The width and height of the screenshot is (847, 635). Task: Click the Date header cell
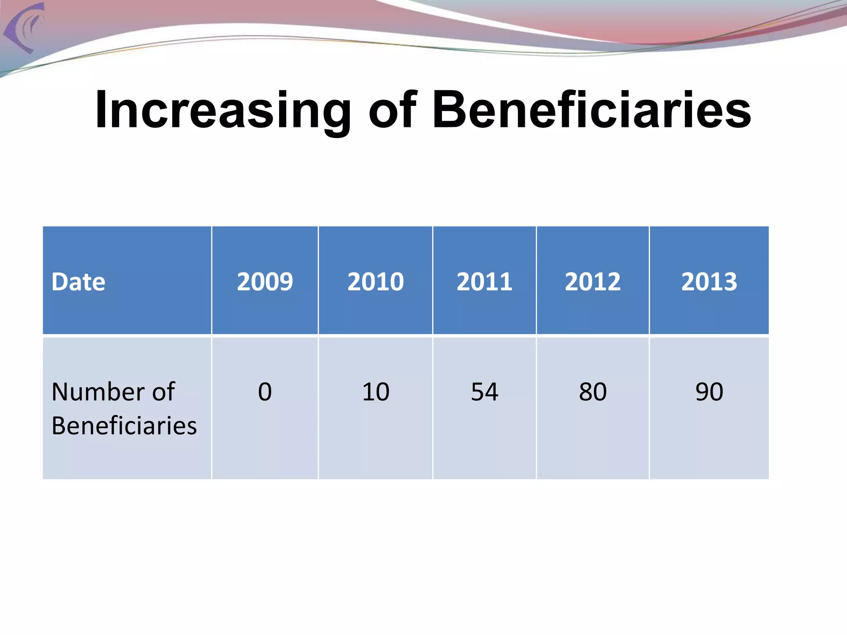point(79,282)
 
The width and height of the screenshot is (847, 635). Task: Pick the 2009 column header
point(265,282)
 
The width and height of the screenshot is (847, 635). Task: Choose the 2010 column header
point(376,282)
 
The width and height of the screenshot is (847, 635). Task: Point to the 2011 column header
point(484,282)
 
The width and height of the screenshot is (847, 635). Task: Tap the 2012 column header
point(593,282)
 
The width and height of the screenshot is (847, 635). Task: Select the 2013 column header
point(709,282)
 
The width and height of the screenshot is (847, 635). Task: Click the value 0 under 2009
point(265,392)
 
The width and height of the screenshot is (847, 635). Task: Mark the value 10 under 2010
point(376,392)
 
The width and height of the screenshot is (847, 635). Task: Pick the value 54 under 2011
point(484,392)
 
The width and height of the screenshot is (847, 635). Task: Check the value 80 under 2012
point(593,392)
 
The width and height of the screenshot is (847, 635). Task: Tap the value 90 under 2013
point(709,392)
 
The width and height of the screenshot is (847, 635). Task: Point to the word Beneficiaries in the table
point(124,426)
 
